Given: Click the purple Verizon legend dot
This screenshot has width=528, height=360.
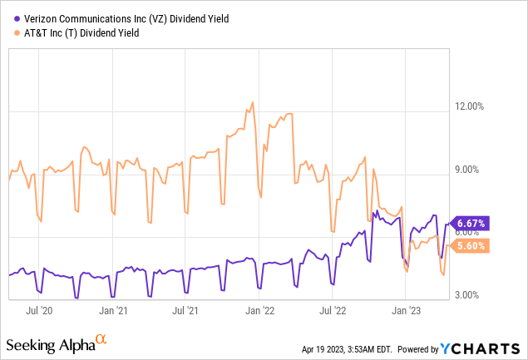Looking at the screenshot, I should coord(8,17).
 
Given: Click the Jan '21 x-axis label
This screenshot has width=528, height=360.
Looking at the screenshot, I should coord(113,310).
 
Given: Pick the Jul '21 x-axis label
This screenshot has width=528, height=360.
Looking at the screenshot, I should coord(186,310).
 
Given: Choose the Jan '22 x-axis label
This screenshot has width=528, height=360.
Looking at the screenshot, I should coord(260,310).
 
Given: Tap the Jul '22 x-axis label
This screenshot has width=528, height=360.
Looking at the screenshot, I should coord(333,310).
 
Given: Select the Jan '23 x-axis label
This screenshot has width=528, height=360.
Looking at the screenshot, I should coord(407,310).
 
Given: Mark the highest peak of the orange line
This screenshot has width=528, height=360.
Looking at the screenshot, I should coord(250,103).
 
